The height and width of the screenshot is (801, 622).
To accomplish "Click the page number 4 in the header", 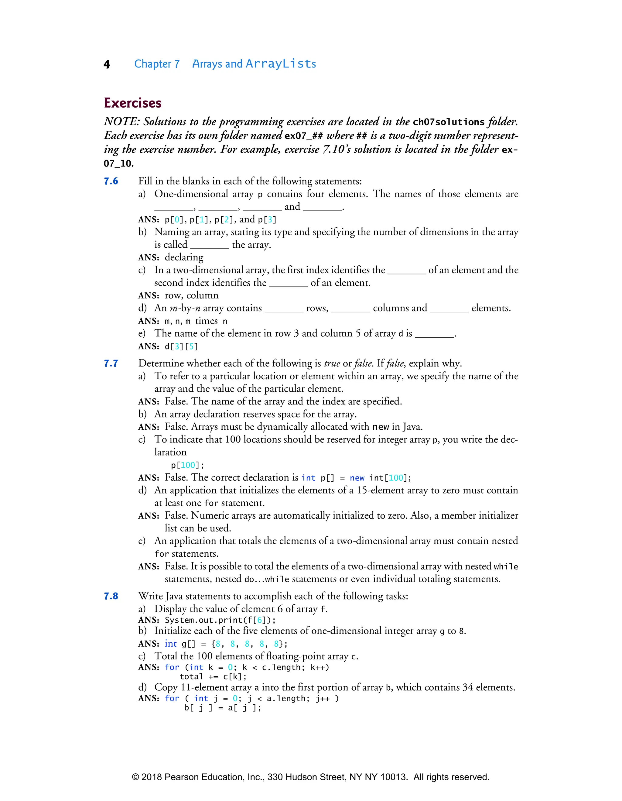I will pos(107,64).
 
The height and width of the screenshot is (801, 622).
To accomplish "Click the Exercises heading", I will pos(133,103).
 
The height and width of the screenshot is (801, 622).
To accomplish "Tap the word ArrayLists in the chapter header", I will pos(281,64).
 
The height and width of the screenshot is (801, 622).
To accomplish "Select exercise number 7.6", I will pos(111,181).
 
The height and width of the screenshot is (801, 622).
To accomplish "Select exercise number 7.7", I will pos(111,363).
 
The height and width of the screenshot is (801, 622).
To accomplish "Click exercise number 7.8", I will pos(111,596).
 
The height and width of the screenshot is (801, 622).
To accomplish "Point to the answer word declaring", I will pos(184,257).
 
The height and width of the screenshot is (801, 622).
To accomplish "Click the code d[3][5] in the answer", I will pos(181,347).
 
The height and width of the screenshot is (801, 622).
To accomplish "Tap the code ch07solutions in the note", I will pos(449,122).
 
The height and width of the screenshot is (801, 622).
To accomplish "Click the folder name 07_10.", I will pos(118,163).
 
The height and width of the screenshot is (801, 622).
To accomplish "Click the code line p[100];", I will pos(188,465).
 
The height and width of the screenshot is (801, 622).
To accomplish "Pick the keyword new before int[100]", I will pos(357,478).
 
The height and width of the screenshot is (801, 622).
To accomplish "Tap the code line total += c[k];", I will pos(213,677).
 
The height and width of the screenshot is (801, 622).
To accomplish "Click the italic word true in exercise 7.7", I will pos(332,363).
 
